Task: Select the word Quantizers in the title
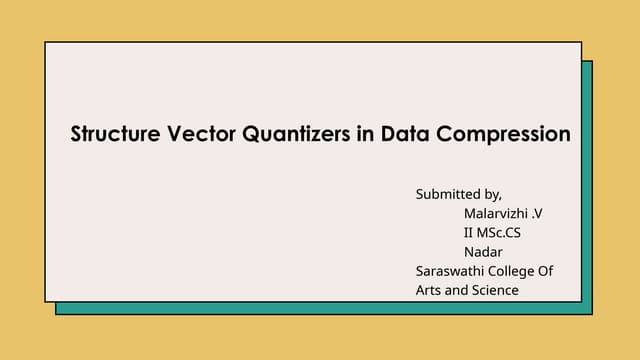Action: [x=295, y=134]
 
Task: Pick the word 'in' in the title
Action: [x=366, y=134]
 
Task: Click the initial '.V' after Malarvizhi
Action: [x=544, y=213]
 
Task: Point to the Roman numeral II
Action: [x=470, y=232]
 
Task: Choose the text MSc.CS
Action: [x=500, y=232]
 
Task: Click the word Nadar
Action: [x=483, y=251]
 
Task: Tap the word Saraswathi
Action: [x=449, y=271]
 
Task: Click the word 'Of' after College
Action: [x=546, y=271]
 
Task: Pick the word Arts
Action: [x=430, y=290]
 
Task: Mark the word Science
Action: [x=495, y=290]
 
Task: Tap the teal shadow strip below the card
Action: [x=320, y=308]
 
